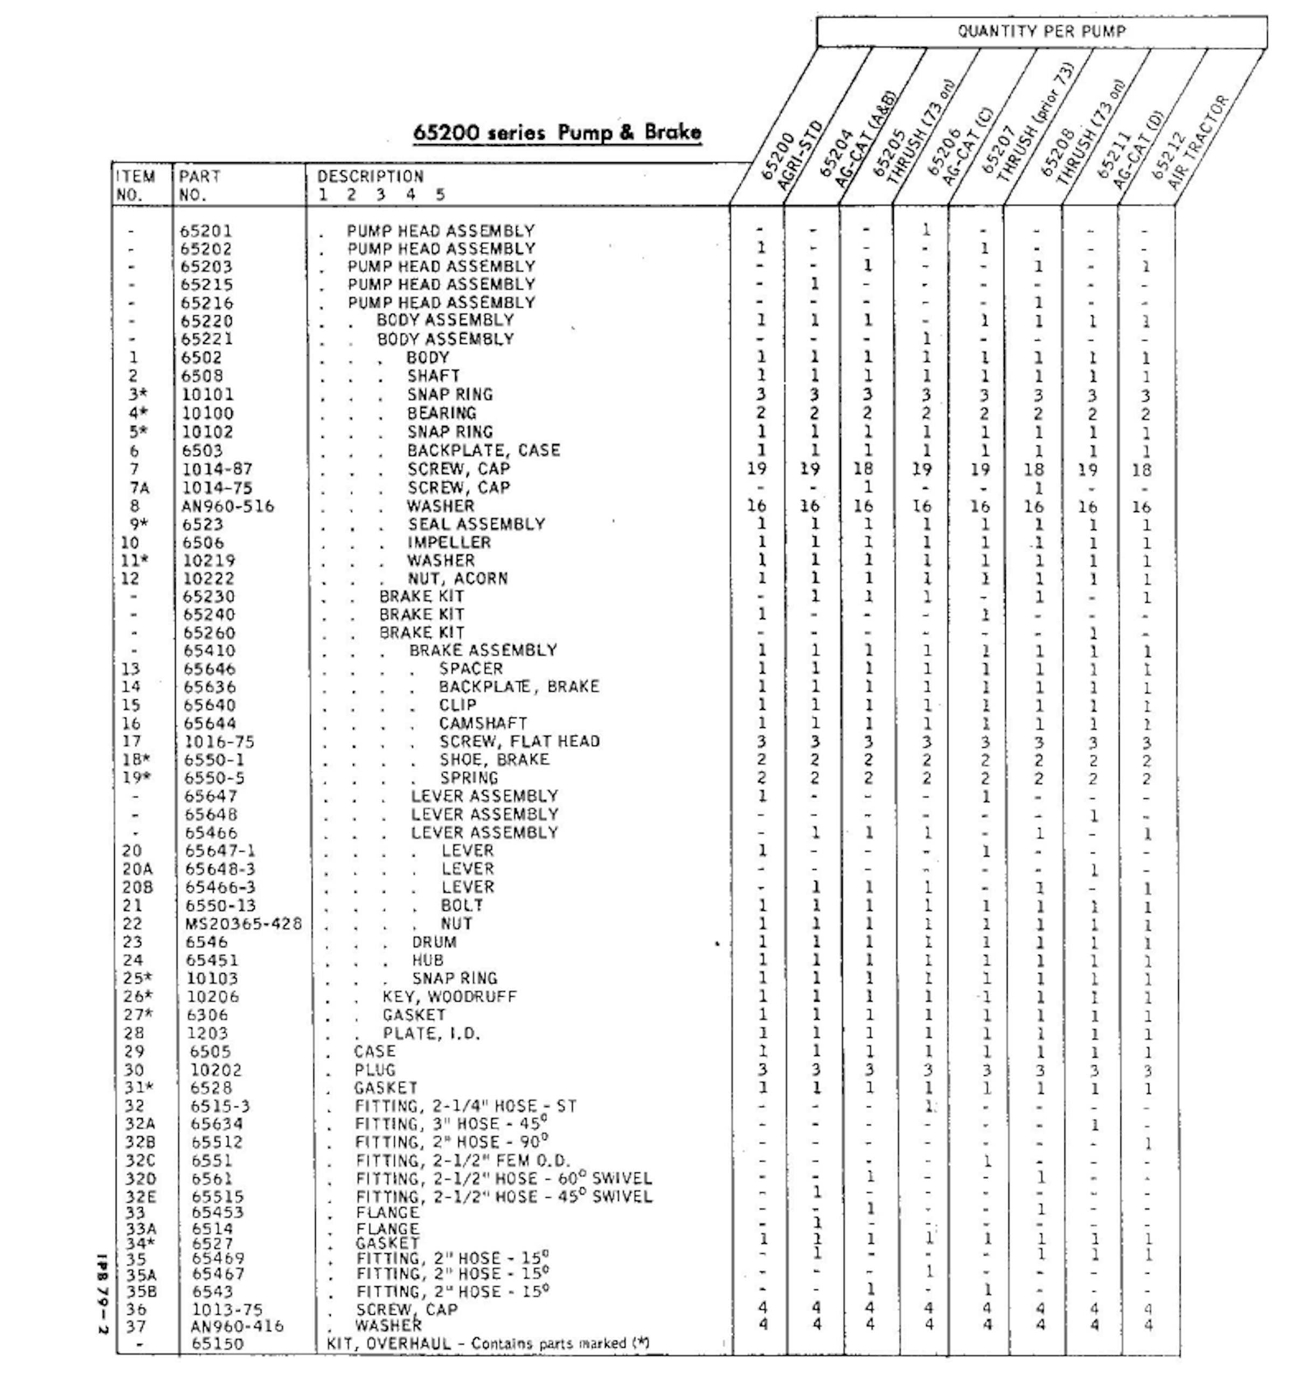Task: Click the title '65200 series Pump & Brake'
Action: (557, 132)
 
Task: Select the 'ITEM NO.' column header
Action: (136, 185)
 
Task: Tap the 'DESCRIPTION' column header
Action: (370, 177)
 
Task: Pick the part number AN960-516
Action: (228, 506)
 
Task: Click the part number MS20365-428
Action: (244, 923)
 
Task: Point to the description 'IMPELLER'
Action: (449, 542)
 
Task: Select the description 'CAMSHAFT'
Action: (483, 723)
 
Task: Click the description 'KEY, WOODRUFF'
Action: (449, 997)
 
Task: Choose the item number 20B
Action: (137, 887)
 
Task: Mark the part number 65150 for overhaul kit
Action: (218, 1344)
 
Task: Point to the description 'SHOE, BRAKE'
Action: (494, 760)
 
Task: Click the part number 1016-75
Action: (219, 742)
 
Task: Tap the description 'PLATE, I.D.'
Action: (432, 1033)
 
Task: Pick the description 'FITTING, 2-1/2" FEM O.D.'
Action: (463, 1161)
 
